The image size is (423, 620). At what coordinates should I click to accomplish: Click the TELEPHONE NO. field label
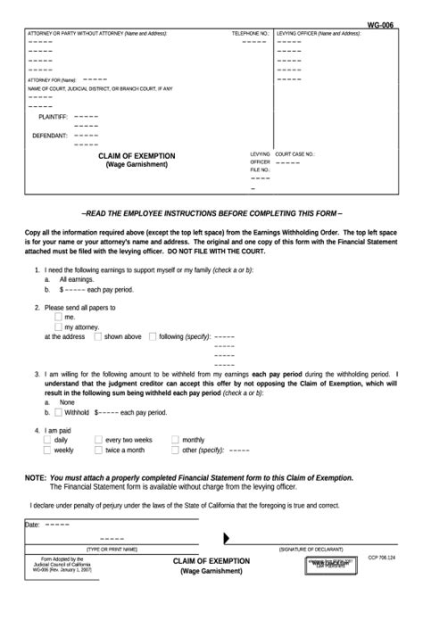[249, 33]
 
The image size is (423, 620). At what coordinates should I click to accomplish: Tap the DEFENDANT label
[50, 136]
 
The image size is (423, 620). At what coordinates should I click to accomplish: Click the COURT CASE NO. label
[294, 153]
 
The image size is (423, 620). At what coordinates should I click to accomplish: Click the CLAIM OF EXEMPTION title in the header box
[137, 156]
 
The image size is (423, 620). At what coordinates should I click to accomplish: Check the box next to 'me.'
[59, 317]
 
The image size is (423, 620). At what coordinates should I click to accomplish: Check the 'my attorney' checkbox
[59, 327]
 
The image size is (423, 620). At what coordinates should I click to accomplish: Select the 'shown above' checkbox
[98, 337]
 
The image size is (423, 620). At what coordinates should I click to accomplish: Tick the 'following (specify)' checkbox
[153, 337]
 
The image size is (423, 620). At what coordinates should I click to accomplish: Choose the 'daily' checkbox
[48, 440]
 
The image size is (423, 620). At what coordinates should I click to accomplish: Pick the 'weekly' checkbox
[48, 451]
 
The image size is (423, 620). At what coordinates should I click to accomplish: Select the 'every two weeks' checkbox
[99, 440]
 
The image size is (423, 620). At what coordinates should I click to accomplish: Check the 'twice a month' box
[99, 451]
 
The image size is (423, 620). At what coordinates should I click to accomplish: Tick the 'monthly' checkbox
[175, 440]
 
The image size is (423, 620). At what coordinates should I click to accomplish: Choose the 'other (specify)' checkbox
[175, 451]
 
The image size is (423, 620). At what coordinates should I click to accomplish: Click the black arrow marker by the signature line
[227, 538]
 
